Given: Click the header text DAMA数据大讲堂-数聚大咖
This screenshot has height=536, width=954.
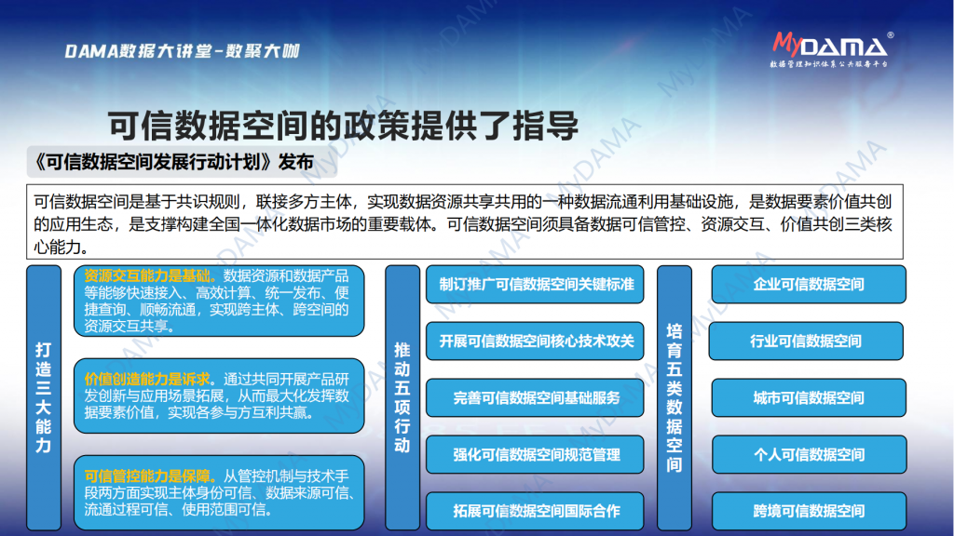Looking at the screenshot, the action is click(182, 51).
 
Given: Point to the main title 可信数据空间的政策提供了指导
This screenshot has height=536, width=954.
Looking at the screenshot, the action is click(343, 126).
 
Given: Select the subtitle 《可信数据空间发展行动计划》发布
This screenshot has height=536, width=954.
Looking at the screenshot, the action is click(174, 162).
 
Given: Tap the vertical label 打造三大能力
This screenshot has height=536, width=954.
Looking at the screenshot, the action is click(43, 398).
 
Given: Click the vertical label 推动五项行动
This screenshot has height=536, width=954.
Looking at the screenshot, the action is click(402, 398).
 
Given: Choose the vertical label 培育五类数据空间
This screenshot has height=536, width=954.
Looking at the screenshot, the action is click(675, 398).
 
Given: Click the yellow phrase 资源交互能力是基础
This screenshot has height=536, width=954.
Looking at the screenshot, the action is click(147, 275).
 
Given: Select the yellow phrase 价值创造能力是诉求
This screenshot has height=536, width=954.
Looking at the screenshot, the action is click(147, 380).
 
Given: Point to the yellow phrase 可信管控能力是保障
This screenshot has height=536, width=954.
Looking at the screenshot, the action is click(147, 476).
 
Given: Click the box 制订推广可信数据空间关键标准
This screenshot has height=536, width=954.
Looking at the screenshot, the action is click(535, 285).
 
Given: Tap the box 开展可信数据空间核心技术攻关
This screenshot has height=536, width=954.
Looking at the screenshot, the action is click(535, 341).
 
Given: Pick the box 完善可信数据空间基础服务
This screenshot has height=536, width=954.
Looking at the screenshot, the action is click(535, 398).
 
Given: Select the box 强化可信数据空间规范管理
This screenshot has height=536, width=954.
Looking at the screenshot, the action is click(535, 454).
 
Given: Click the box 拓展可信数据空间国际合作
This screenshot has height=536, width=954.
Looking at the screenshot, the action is click(535, 511).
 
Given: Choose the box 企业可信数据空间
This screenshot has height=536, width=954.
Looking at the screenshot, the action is click(809, 285).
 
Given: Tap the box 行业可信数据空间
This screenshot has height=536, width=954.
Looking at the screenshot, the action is click(806, 341).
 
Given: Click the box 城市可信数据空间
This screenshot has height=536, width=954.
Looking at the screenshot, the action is click(809, 398).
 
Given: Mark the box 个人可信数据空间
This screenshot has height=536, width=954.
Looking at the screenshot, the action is click(809, 454).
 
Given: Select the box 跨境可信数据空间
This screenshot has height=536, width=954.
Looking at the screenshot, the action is click(809, 511).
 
